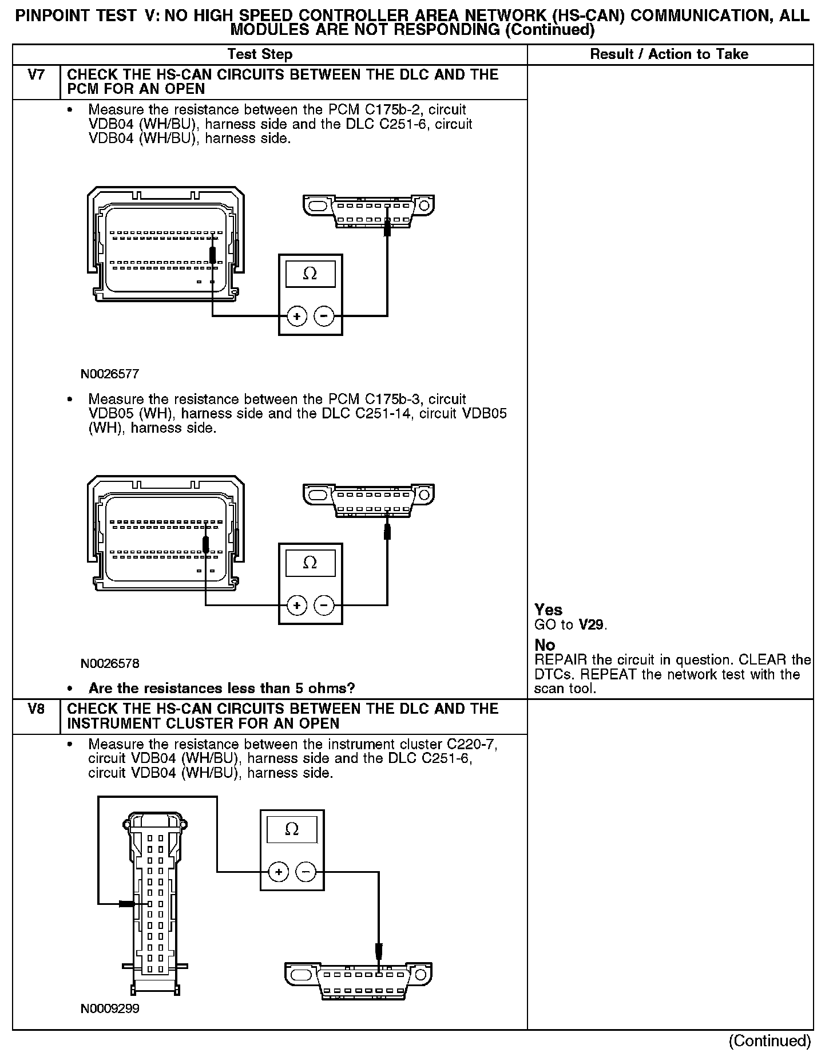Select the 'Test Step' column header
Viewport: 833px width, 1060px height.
260,54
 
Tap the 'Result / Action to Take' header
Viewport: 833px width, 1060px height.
669,54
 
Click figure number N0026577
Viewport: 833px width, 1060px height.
109,374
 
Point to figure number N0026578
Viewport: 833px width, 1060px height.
109,664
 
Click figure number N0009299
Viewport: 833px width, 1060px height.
109,1008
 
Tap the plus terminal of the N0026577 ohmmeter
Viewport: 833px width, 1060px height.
296,316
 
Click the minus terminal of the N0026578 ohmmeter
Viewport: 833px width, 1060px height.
324,605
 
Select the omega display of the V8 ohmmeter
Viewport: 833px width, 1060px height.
292,829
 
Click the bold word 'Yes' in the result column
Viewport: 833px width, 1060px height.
548,610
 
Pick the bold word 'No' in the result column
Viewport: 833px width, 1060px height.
545,645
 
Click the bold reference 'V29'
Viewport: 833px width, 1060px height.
591,624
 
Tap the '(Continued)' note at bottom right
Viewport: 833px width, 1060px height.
769,1041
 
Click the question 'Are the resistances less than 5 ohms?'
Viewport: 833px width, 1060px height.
222,688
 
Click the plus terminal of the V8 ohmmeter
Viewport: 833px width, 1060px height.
278,872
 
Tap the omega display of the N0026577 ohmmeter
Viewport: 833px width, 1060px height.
310,274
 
